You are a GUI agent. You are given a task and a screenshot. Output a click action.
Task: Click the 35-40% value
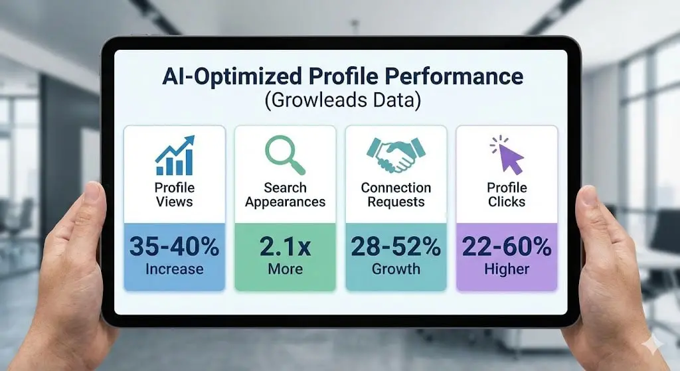tap(175, 247)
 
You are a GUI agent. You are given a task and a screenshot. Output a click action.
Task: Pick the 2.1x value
tap(285, 247)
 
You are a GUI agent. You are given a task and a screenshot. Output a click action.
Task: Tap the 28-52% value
tap(396, 247)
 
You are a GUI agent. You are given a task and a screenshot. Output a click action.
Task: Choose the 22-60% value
tap(507, 247)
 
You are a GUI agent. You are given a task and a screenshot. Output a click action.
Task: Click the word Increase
tap(175, 269)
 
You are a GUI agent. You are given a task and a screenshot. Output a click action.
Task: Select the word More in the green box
tap(285, 269)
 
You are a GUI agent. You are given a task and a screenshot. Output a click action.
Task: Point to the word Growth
tap(396, 269)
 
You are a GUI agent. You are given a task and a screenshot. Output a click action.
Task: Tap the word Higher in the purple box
tap(507, 269)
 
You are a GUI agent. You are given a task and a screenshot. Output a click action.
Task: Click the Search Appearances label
tap(285, 194)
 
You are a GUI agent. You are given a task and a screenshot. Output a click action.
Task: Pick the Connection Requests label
tap(396, 194)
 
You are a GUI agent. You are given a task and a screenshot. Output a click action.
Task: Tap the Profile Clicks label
tap(507, 194)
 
